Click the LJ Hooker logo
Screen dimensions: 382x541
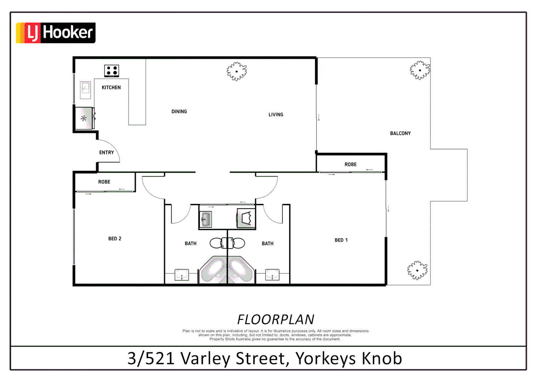56,33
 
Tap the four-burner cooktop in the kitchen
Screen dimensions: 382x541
112,71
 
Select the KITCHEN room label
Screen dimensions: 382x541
111,87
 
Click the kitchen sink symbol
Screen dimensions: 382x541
85,90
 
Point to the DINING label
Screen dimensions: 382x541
179,111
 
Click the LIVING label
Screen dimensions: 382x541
276,115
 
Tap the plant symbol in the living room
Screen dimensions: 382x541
237,71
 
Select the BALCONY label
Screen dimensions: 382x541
400,133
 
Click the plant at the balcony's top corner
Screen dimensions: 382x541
420,70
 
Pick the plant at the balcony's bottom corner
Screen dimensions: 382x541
417,271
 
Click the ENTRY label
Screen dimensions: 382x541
107,152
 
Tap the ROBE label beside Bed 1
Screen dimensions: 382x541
351,164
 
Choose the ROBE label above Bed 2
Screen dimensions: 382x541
104,182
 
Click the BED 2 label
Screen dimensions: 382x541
115,239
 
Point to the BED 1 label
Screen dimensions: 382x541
341,240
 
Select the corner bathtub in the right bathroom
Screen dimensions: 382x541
241,270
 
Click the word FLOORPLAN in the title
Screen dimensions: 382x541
275,319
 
